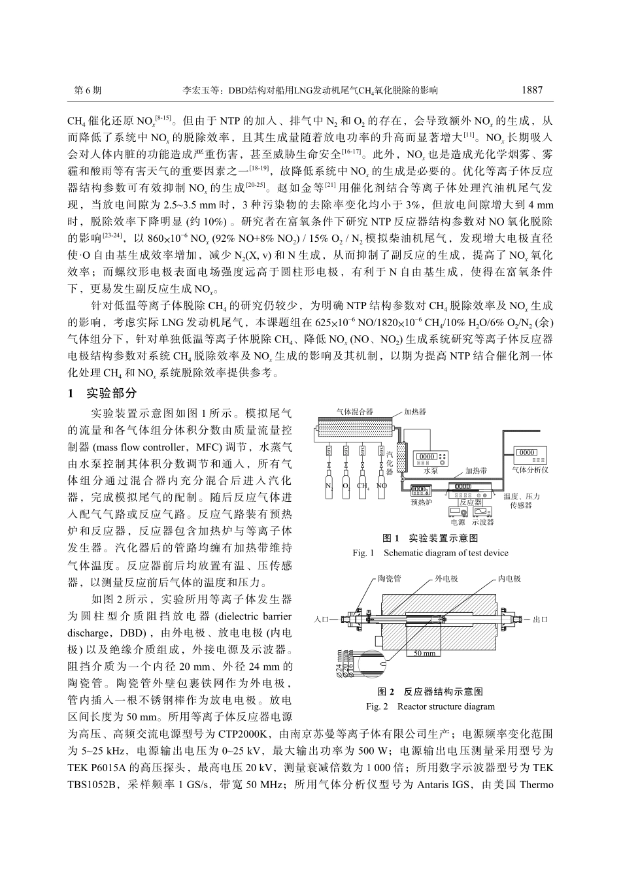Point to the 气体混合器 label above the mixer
tap(354, 412)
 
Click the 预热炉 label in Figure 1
tap(422, 502)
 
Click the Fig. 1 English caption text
tap(429, 553)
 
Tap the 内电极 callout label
tap(509, 579)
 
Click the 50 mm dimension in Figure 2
tap(425, 653)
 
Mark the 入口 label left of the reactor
tap(322, 618)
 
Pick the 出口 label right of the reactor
tap(540, 618)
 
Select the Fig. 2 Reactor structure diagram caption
tap(429, 706)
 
